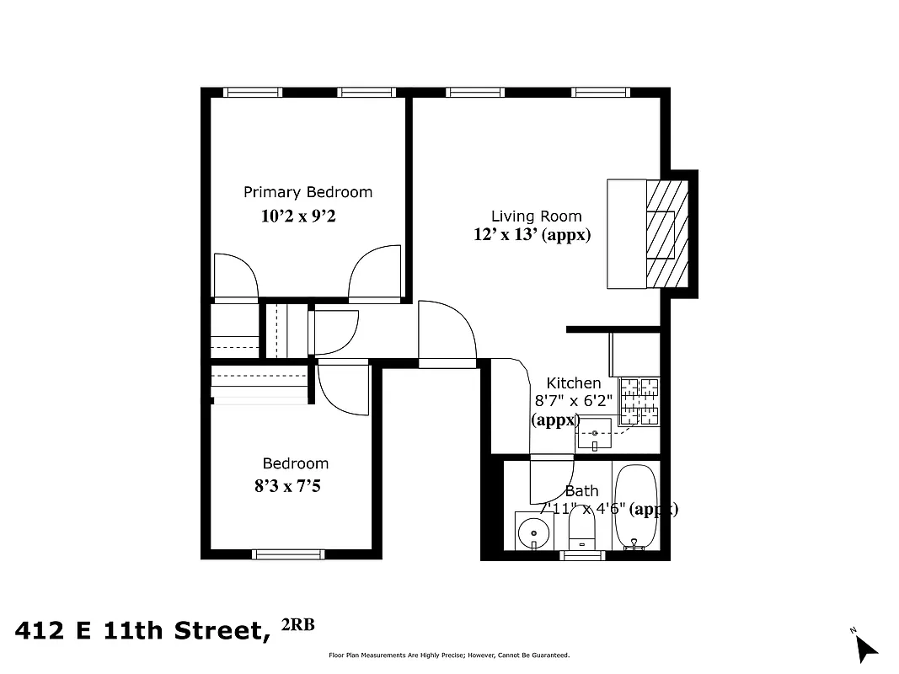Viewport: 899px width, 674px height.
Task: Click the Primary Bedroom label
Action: point(308,192)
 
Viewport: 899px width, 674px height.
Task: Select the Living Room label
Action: point(536,217)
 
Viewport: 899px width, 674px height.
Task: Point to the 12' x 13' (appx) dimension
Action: point(532,235)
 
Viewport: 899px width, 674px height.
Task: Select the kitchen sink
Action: point(595,433)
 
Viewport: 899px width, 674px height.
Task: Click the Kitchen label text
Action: point(574,383)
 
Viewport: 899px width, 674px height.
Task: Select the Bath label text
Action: point(581,491)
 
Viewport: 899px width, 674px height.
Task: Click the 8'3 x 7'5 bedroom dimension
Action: point(287,486)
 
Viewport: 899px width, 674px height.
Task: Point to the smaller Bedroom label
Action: point(295,463)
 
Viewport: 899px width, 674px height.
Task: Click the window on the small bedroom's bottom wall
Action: point(288,554)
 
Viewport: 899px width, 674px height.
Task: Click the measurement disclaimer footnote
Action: point(448,655)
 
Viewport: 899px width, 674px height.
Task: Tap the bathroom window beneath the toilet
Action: point(583,555)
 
